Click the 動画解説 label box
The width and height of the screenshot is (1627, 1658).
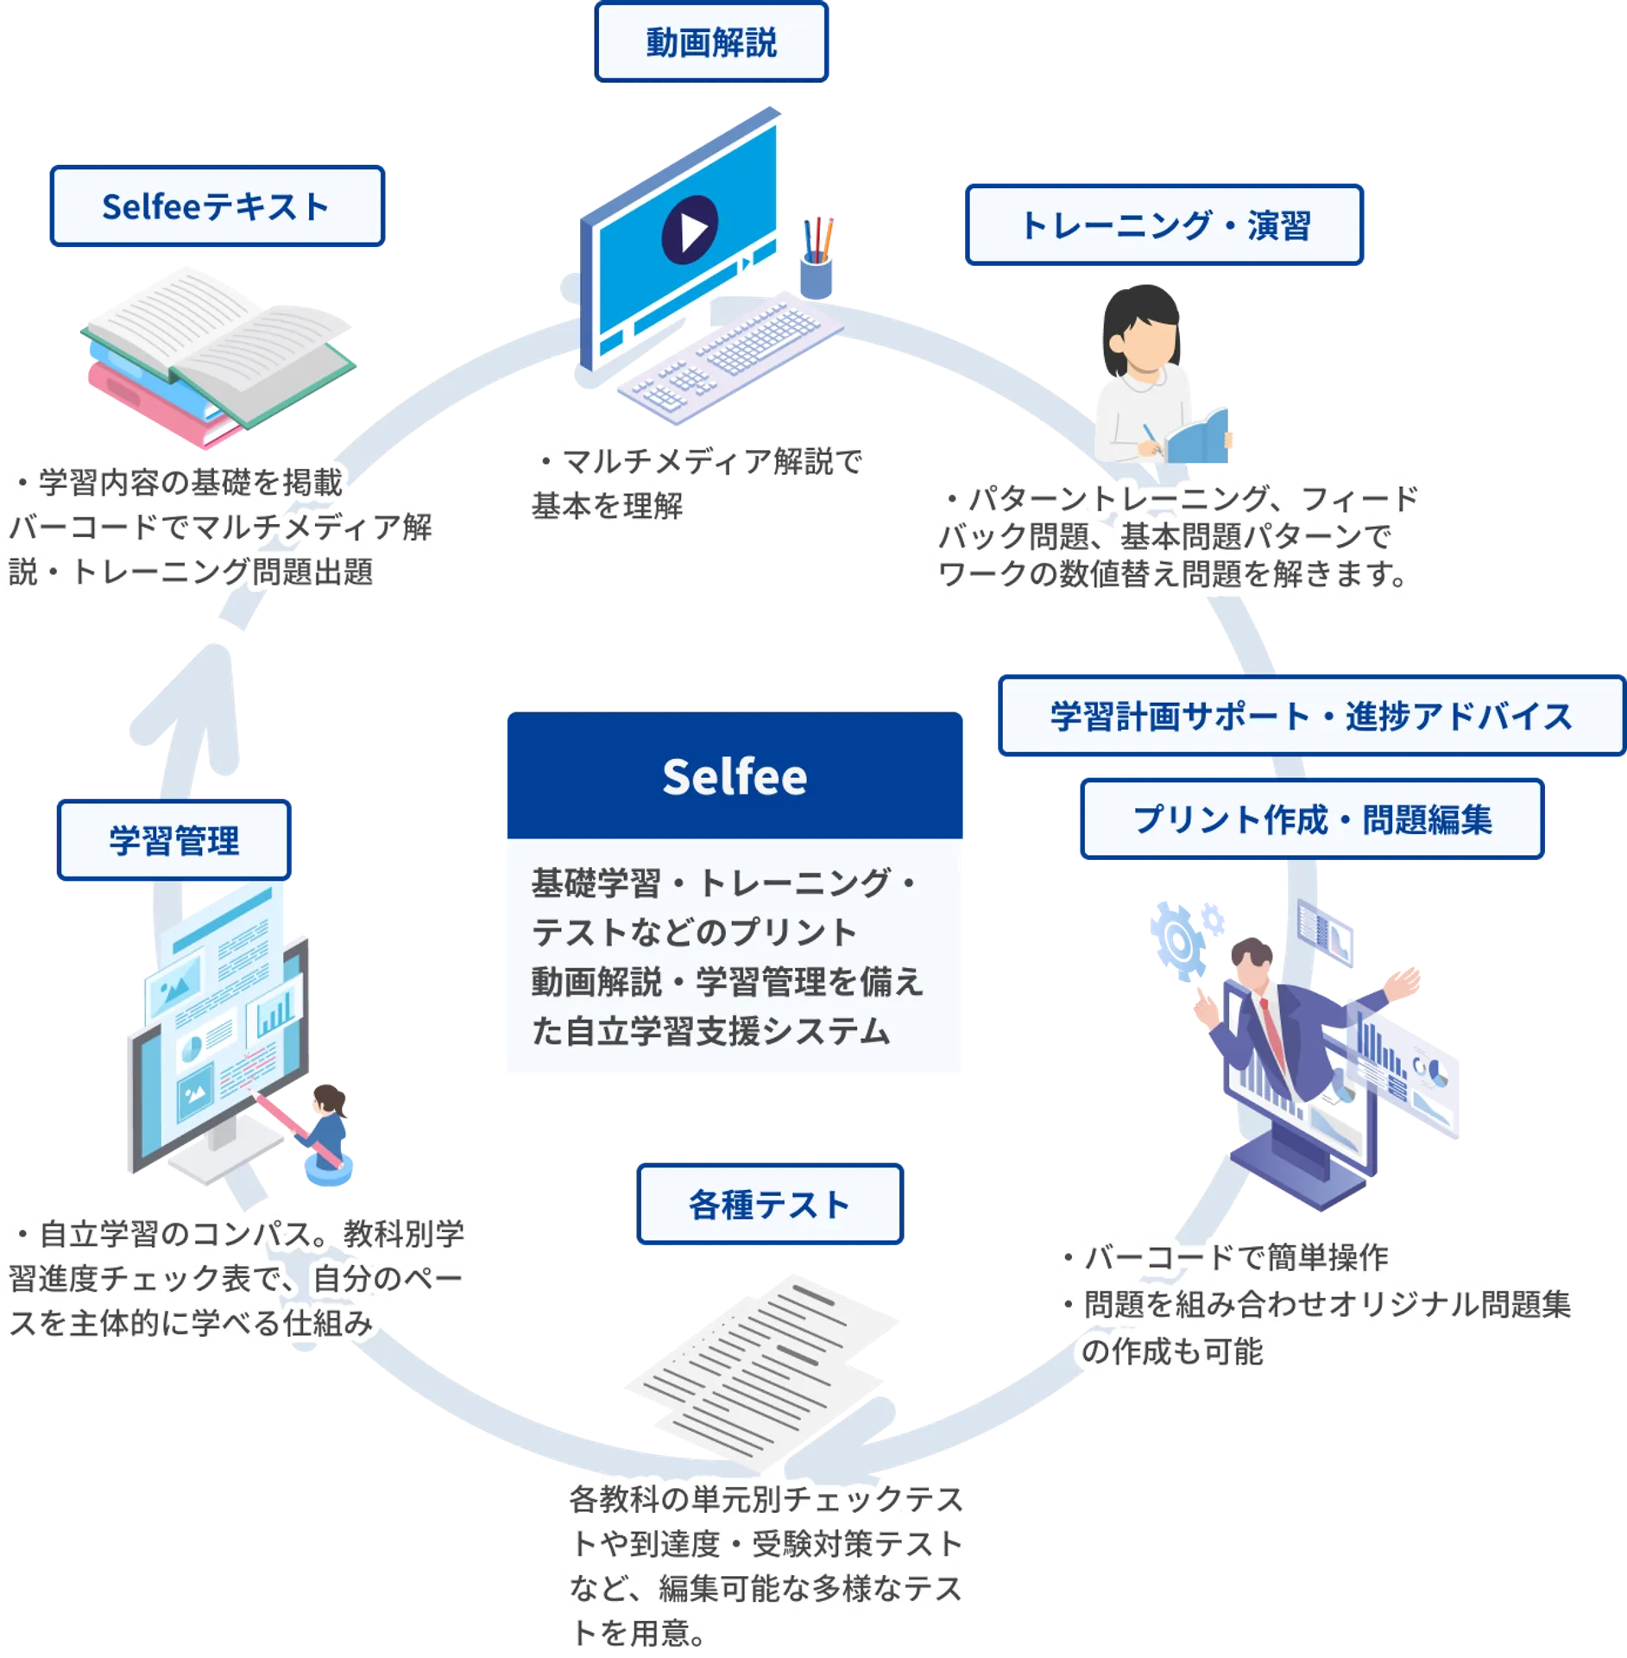point(711,42)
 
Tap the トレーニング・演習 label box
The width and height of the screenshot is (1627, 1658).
point(1163,225)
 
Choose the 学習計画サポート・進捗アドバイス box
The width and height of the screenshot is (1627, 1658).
point(1310,717)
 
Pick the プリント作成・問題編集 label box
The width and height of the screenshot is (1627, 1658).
point(1311,820)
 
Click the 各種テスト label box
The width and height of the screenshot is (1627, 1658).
point(769,1205)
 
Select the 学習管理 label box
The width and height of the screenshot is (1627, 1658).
point(173,840)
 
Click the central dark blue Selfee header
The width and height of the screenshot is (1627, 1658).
point(735,775)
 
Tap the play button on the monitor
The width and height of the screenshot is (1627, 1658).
point(690,230)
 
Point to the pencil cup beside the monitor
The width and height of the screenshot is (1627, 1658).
point(816,268)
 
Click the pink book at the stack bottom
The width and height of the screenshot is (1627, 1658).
point(160,406)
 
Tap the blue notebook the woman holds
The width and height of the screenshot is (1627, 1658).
point(1198,436)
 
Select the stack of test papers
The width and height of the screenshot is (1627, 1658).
point(760,1373)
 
